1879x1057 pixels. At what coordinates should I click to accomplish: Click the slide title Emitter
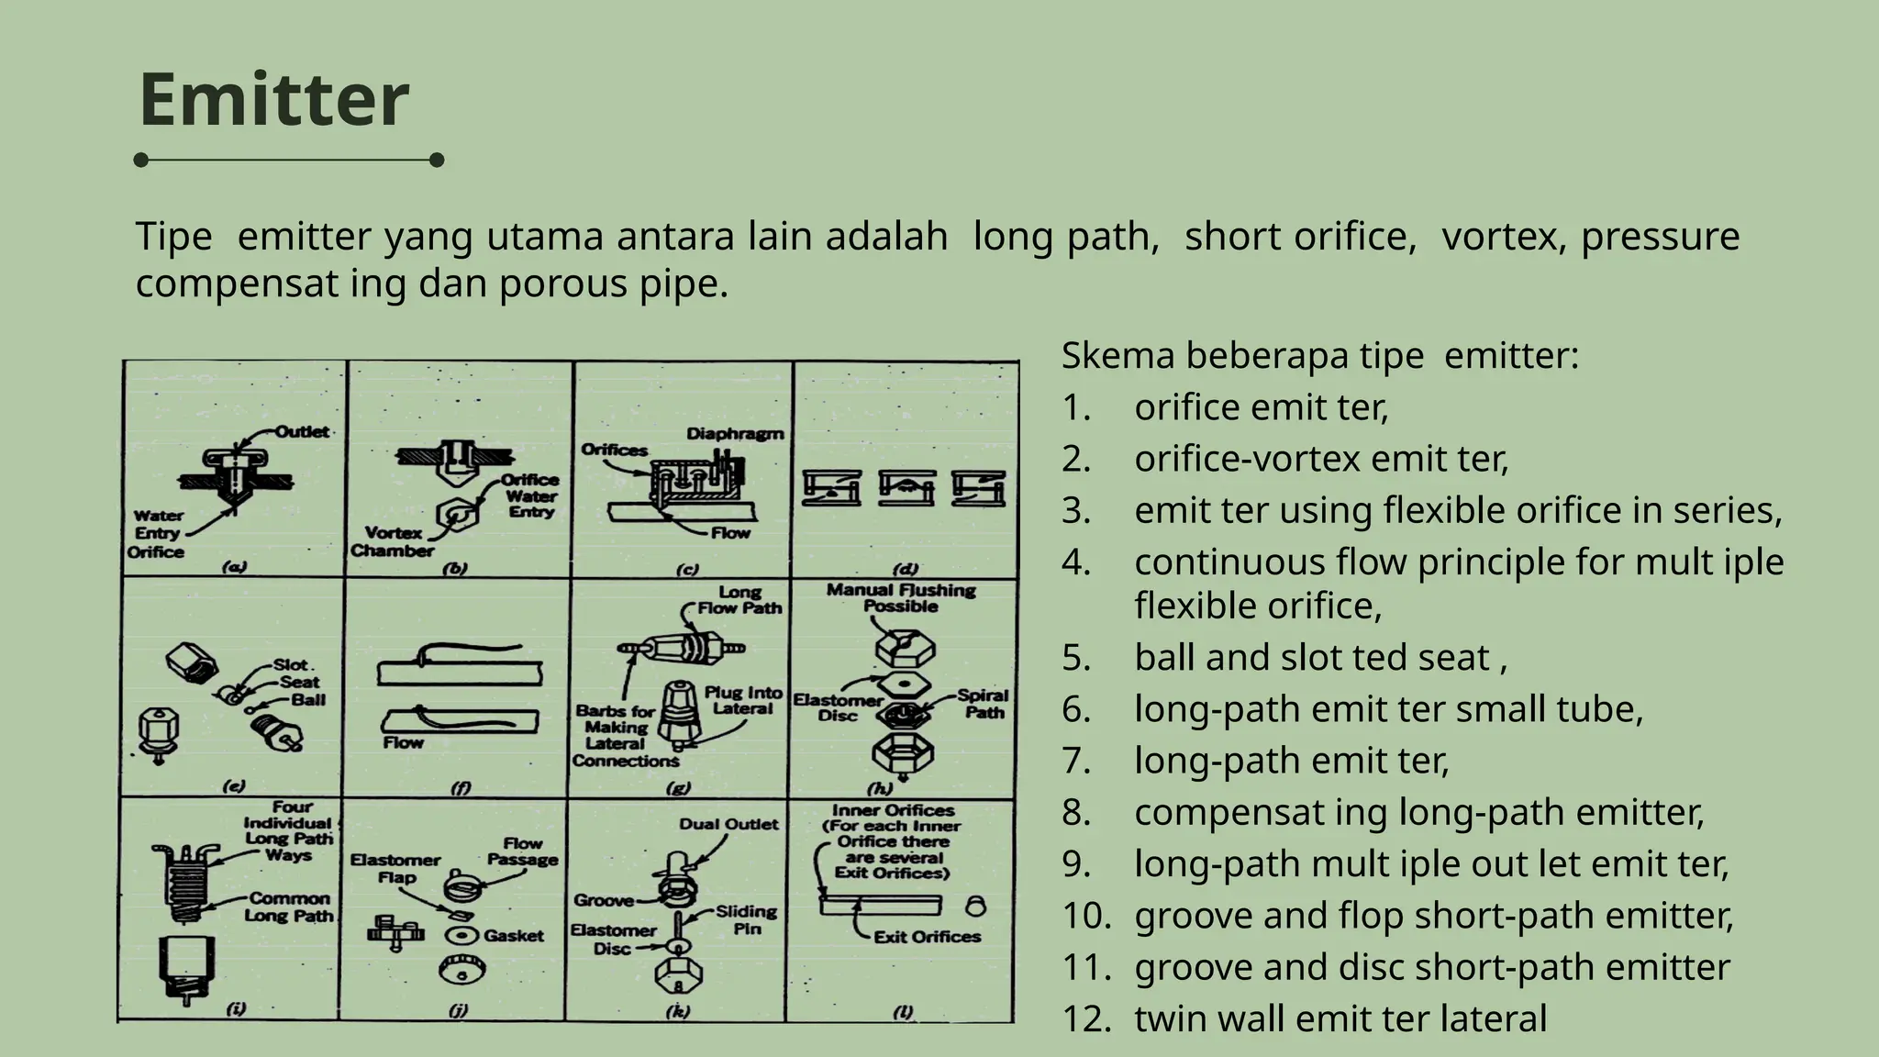point(273,99)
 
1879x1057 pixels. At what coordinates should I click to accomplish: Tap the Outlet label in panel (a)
point(302,432)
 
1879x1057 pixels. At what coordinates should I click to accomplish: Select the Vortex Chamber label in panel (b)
point(393,541)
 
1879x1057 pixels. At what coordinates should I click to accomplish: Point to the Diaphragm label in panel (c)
point(735,434)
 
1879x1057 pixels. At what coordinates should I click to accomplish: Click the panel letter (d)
point(906,569)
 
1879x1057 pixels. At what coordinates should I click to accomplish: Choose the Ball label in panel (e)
point(308,700)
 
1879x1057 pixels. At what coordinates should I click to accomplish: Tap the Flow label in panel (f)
point(404,742)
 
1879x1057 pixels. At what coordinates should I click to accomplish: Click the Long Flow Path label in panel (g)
point(739,600)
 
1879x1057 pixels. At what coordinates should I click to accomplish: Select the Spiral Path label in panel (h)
point(983,704)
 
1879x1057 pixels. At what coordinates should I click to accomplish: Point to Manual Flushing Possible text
point(901,598)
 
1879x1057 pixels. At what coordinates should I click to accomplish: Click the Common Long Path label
point(289,907)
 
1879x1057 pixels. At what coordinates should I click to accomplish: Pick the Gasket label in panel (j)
point(514,936)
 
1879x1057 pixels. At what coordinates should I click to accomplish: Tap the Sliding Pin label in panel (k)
point(746,919)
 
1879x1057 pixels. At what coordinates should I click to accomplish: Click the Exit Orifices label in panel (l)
point(927,937)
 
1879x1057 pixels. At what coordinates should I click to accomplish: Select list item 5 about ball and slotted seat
point(1319,658)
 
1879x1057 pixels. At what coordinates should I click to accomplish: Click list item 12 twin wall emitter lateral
point(1340,1018)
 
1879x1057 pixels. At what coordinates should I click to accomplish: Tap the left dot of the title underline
point(141,161)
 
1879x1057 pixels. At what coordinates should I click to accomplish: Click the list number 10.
point(1086,916)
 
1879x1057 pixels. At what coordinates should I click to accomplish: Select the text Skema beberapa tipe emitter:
point(1319,356)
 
